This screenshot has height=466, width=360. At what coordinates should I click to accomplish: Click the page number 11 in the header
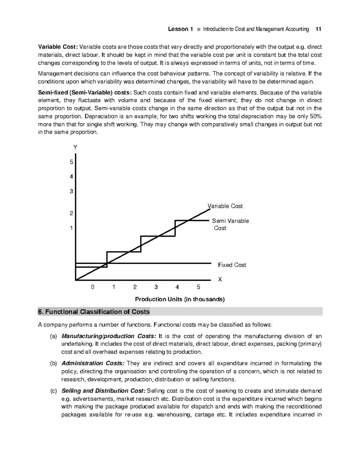click(x=318, y=29)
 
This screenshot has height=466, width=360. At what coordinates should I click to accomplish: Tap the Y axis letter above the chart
click(x=75, y=147)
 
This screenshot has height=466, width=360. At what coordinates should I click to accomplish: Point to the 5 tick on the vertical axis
click(x=71, y=162)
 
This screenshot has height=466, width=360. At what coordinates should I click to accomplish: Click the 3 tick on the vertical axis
click(x=71, y=191)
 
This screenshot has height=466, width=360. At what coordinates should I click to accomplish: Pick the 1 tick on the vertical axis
click(x=71, y=228)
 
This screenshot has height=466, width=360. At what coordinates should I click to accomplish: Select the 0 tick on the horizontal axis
click(x=93, y=287)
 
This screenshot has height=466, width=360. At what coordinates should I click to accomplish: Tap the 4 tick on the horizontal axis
click(x=177, y=287)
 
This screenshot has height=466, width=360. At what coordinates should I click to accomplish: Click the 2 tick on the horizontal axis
click(x=135, y=287)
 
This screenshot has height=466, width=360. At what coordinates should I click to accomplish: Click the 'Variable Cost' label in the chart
click(x=225, y=206)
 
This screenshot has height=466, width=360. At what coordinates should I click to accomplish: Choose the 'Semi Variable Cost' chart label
click(x=230, y=224)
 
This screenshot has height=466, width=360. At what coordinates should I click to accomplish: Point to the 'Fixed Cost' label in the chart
click(x=232, y=265)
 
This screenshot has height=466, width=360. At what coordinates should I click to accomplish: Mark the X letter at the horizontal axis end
click(x=220, y=279)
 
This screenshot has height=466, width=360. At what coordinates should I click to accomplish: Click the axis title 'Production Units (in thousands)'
click(x=180, y=299)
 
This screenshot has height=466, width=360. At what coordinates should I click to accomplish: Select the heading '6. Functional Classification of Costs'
click(x=94, y=312)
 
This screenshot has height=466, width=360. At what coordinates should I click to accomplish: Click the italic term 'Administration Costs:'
click(x=92, y=363)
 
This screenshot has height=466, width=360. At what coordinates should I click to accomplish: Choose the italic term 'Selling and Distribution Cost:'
click(x=103, y=391)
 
